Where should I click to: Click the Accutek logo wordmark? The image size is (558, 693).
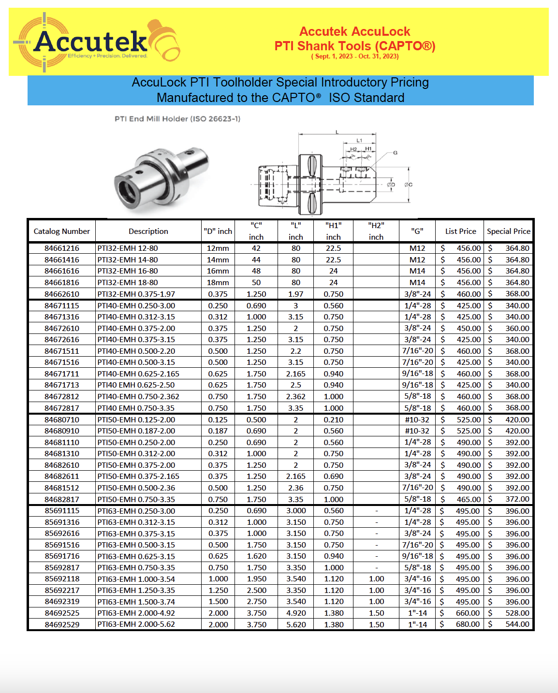pos(90,42)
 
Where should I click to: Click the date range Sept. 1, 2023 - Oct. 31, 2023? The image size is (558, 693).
pos(355,57)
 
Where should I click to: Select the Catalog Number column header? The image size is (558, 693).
pos(62,231)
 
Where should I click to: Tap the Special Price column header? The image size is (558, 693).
pos(508,231)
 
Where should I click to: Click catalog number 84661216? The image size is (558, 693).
pos(62,248)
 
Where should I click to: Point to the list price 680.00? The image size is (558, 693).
pos(468,624)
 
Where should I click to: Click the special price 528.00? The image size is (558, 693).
pos(517,613)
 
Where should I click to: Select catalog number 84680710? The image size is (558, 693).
pos(62,420)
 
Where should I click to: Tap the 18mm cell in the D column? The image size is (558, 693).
pos(218,283)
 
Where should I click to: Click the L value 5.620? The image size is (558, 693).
pos(296,624)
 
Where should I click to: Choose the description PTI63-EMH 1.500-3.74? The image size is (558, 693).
pos(136,602)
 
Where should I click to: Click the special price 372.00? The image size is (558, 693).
pos(517,499)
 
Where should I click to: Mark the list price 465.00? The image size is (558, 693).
pos(468,499)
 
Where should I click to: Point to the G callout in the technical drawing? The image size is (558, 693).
pos(395,153)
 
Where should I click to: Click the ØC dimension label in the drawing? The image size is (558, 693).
pos(409,185)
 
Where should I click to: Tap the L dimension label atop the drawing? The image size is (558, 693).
pos(337,132)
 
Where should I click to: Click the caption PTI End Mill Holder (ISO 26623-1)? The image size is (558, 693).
pos(177,119)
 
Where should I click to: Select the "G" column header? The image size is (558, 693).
pos(417,231)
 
